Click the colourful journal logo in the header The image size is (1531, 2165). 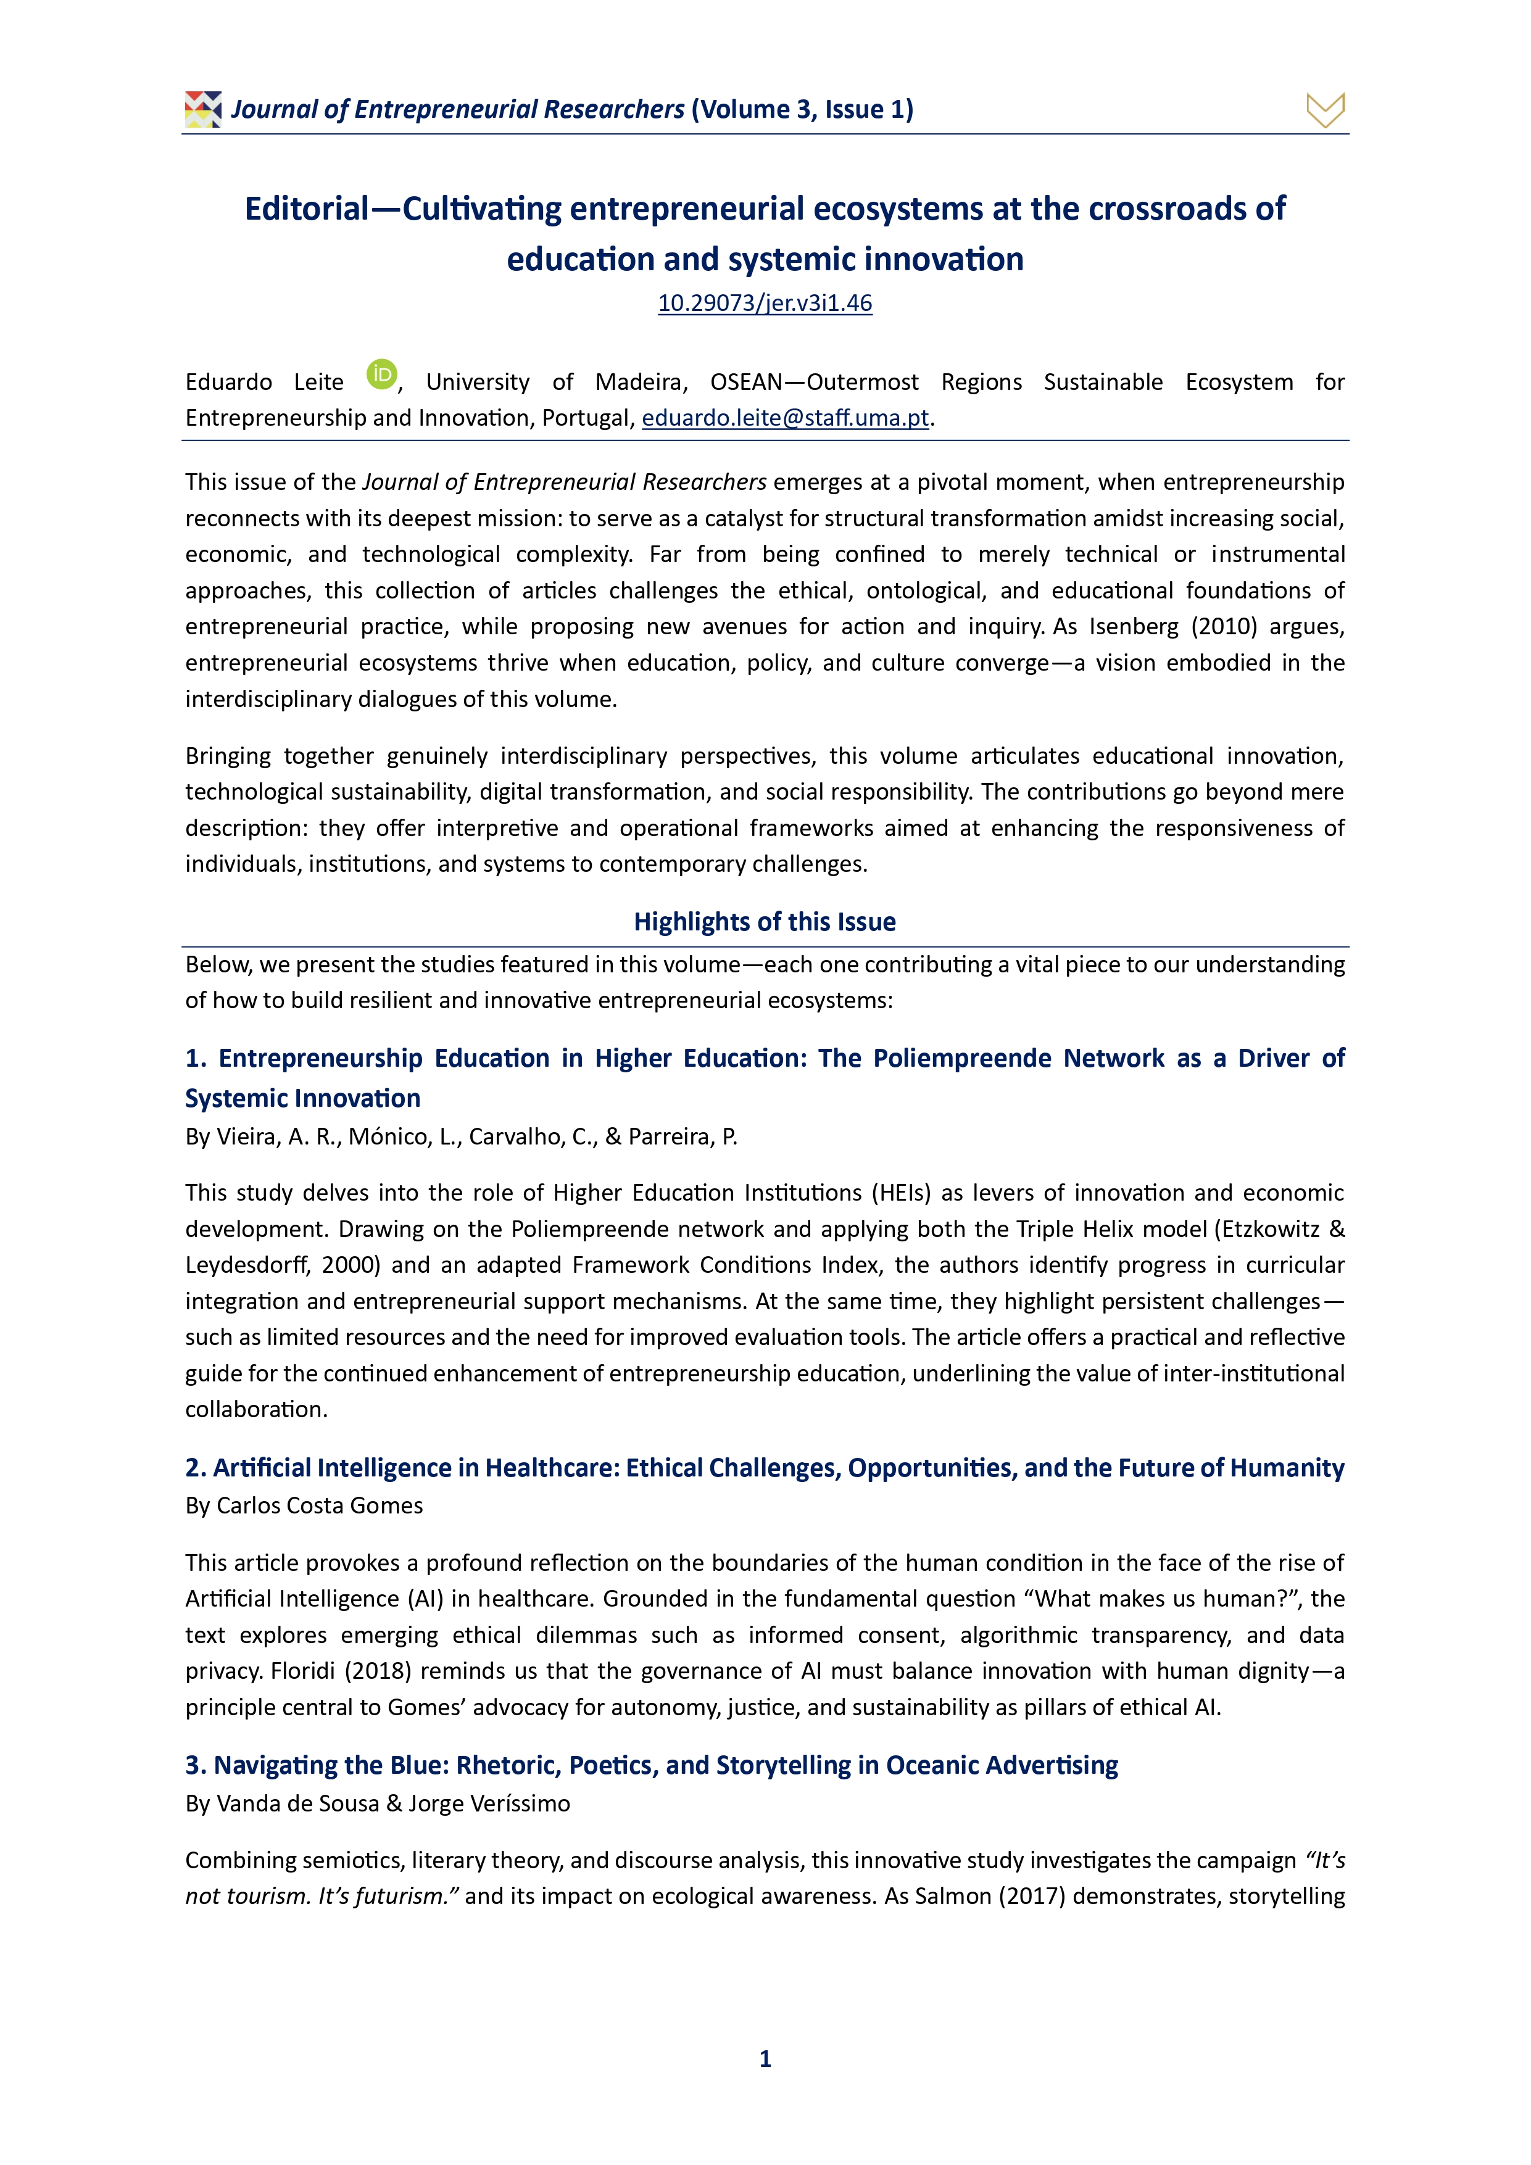click(203, 109)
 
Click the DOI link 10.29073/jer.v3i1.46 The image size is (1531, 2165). click(765, 304)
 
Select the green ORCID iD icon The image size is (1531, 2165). click(381, 375)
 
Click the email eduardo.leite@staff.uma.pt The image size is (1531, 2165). click(785, 418)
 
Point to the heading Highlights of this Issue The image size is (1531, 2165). click(765, 921)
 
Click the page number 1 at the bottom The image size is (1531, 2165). click(765, 2058)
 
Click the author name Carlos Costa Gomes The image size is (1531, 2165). click(320, 1506)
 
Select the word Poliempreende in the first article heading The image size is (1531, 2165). click(961, 1059)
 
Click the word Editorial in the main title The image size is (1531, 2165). click(307, 209)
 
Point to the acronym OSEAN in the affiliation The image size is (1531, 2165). click(745, 382)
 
